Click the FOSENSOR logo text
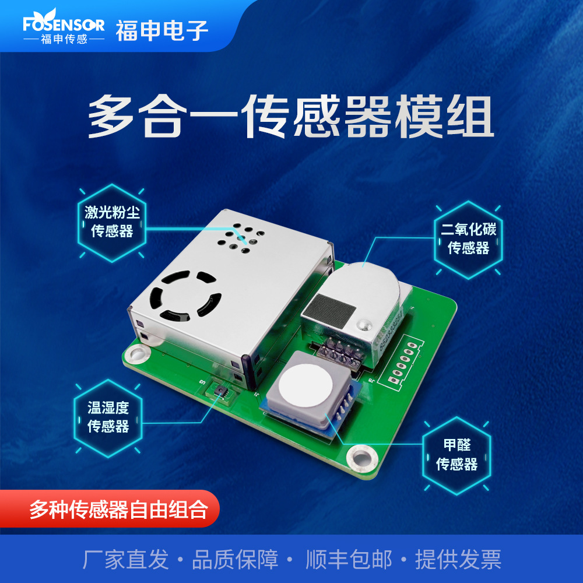pyautogui.click(x=64, y=24)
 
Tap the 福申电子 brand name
pyautogui.click(x=161, y=30)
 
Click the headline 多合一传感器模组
pyautogui.click(x=291, y=117)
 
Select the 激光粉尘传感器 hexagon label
pyautogui.click(x=112, y=223)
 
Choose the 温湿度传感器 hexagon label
pyautogui.click(x=108, y=418)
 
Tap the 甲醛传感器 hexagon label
pyautogui.click(x=456, y=455)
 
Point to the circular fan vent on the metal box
pyautogui.click(x=185, y=296)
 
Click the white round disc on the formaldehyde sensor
pyautogui.click(x=305, y=384)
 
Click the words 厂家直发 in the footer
pyautogui.click(x=126, y=559)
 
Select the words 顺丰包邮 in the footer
pyautogui.click(x=349, y=559)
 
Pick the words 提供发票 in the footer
pyautogui.click(x=458, y=559)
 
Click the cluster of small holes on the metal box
pyautogui.click(x=241, y=238)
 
